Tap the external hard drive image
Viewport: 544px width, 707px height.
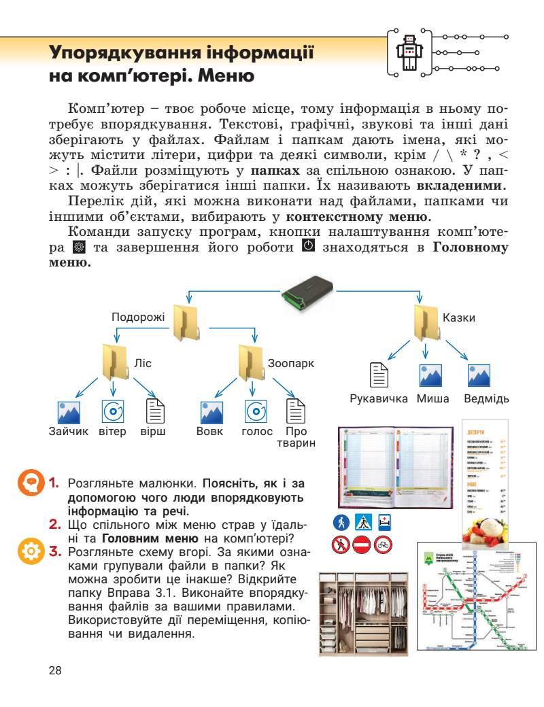point(313,291)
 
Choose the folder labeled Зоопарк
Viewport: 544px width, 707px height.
point(250,362)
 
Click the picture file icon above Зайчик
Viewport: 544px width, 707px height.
point(69,411)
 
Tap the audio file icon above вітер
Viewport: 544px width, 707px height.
point(113,411)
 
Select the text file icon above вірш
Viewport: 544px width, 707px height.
point(157,411)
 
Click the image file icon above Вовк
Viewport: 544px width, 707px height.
point(211,411)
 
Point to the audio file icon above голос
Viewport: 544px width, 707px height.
point(256,411)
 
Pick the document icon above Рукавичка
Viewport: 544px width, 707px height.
point(379,375)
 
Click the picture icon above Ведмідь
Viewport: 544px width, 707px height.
point(479,375)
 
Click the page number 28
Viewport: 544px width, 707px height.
point(55,670)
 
